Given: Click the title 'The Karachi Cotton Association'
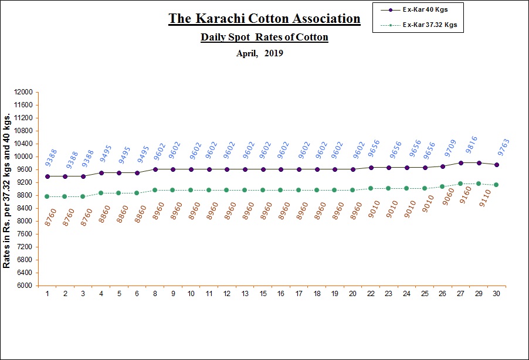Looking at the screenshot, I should [x=264, y=18].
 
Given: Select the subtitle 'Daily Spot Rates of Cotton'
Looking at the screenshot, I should [x=264, y=37].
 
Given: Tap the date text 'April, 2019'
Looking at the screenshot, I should [x=259, y=53].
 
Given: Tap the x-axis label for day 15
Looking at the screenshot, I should [x=263, y=293].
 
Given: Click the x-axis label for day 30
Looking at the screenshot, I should [x=496, y=293].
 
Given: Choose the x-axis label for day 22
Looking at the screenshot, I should [x=371, y=293].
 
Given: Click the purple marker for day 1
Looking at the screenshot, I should [x=48, y=176].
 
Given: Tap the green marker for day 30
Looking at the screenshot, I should [x=496, y=185].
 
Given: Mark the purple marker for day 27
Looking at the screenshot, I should [x=461, y=162].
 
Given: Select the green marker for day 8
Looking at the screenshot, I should [x=155, y=190].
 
